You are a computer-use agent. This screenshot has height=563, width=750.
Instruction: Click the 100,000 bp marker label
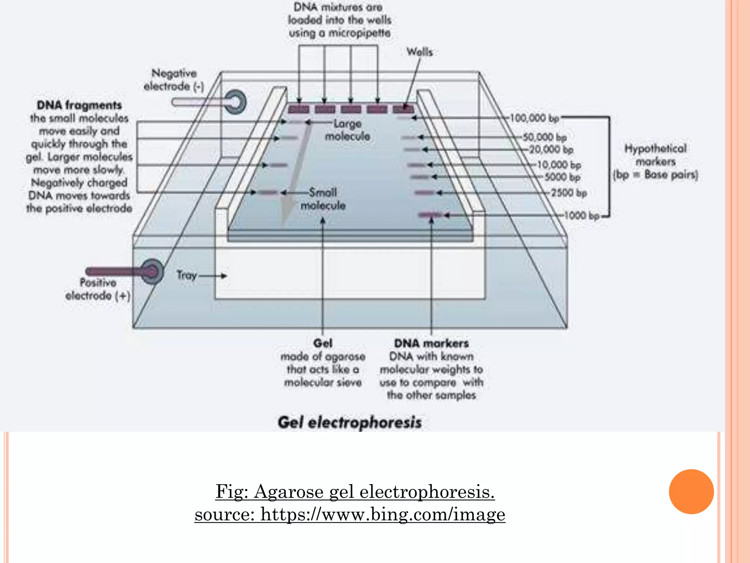coord(535,118)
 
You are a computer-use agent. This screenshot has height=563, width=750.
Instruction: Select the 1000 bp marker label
coord(582,216)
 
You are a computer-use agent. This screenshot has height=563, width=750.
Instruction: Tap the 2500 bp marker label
coord(569,193)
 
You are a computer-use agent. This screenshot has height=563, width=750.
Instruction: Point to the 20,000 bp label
coord(551,150)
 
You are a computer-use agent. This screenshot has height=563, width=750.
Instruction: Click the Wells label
coord(420,52)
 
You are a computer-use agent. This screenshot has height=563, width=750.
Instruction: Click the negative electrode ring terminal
coord(235,102)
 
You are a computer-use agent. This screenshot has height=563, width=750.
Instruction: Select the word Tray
coord(187,275)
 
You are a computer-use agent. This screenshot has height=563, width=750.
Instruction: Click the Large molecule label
coord(348,130)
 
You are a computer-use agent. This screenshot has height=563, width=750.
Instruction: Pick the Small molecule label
coord(323,199)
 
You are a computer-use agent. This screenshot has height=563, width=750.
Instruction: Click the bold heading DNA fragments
coord(79,105)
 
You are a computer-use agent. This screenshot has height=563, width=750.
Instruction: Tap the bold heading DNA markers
coord(431,343)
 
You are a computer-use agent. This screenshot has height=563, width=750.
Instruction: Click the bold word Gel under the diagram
coord(323,343)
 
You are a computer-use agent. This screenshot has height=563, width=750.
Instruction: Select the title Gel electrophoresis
coord(350,422)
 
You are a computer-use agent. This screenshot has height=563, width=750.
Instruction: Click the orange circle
coord(691,492)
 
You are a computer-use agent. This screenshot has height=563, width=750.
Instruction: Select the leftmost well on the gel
coord(298,109)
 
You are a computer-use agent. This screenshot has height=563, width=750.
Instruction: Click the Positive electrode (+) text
coord(98,289)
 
